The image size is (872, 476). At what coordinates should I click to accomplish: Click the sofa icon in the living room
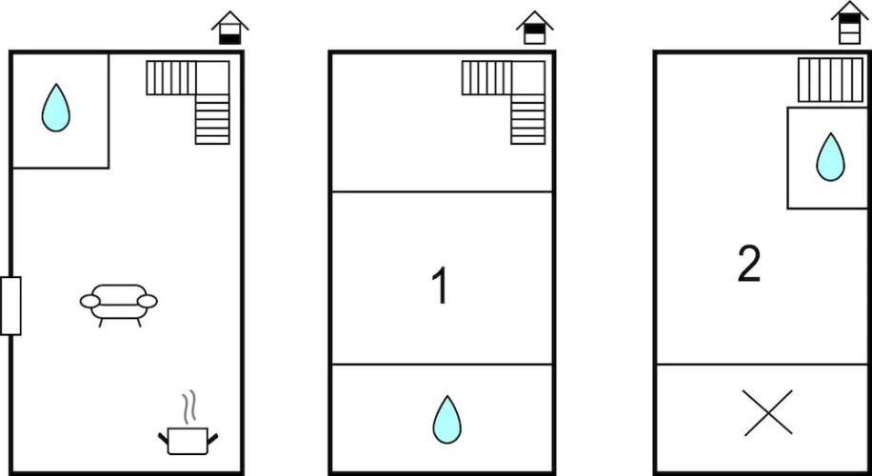[x=118, y=305]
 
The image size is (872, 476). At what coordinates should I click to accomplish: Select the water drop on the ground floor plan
[x=55, y=108]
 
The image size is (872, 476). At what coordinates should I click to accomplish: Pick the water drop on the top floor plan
[x=830, y=157]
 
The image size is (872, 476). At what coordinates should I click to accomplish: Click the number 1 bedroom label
[x=441, y=286]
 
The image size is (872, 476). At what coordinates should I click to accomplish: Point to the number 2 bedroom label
[x=748, y=264]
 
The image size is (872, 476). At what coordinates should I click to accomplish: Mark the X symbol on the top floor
[x=767, y=412]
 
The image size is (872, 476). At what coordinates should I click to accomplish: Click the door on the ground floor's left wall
[x=10, y=306]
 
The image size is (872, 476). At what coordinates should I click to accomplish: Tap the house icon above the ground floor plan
[x=229, y=28]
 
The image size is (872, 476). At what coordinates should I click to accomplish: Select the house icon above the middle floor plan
[x=534, y=28]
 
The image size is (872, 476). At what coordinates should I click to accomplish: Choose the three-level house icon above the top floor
[x=850, y=22]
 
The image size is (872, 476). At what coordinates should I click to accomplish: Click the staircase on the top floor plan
[x=831, y=80]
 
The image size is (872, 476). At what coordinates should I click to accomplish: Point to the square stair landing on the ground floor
[x=212, y=78]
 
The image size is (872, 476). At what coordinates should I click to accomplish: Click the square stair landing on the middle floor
[x=527, y=78]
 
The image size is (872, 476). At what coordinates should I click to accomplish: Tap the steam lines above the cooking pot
[x=190, y=406]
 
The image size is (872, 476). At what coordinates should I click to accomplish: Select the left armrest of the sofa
[x=90, y=302]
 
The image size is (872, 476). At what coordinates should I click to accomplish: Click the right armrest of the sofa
[x=148, y=302]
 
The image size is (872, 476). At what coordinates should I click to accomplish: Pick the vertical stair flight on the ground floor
[x=212, y=120]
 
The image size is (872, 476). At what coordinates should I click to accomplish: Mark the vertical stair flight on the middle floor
[x=527, y=120]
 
